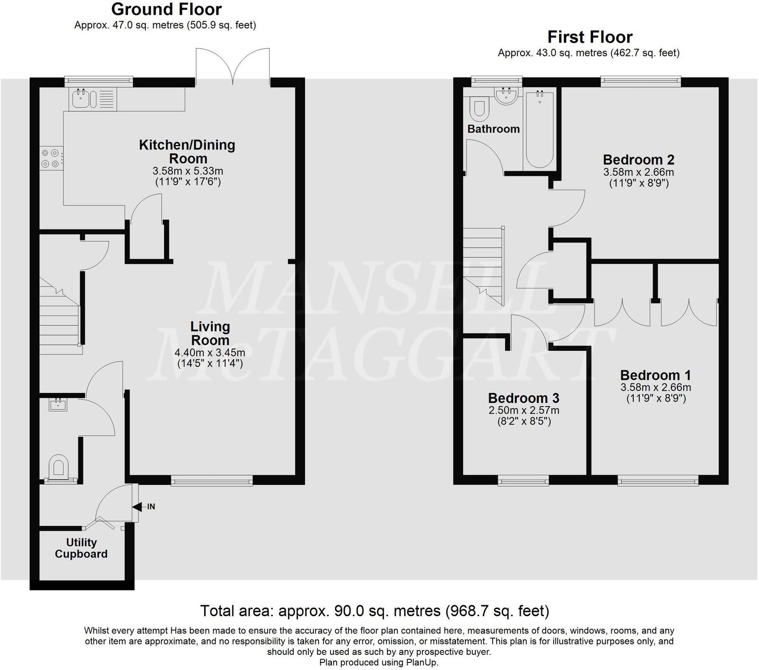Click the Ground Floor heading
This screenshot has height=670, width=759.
[x=166, y=9]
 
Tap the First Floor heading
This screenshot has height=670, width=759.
[x=589, y=37]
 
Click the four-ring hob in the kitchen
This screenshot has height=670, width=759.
[x=51, y=158]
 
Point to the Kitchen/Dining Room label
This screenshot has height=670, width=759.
[x=187, y=151]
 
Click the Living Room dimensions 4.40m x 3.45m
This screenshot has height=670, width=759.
[x=210, y=352]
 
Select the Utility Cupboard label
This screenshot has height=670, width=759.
[x=81, y=548]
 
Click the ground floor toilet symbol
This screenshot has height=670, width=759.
[x=59, y=467]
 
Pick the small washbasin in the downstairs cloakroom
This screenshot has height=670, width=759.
[x=58, y=404]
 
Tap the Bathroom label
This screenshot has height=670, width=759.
[x=493, y=129]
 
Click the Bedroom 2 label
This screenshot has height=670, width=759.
[x=638, y=159]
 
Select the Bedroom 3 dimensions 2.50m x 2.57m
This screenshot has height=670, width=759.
[x=523, y=410]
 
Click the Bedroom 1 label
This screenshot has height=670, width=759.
[x=655, y=375]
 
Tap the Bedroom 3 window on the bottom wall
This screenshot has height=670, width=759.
[x=523, y=481]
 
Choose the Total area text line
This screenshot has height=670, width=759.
[x=375, y=611]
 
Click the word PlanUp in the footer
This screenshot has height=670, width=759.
[x=421, y=662]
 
